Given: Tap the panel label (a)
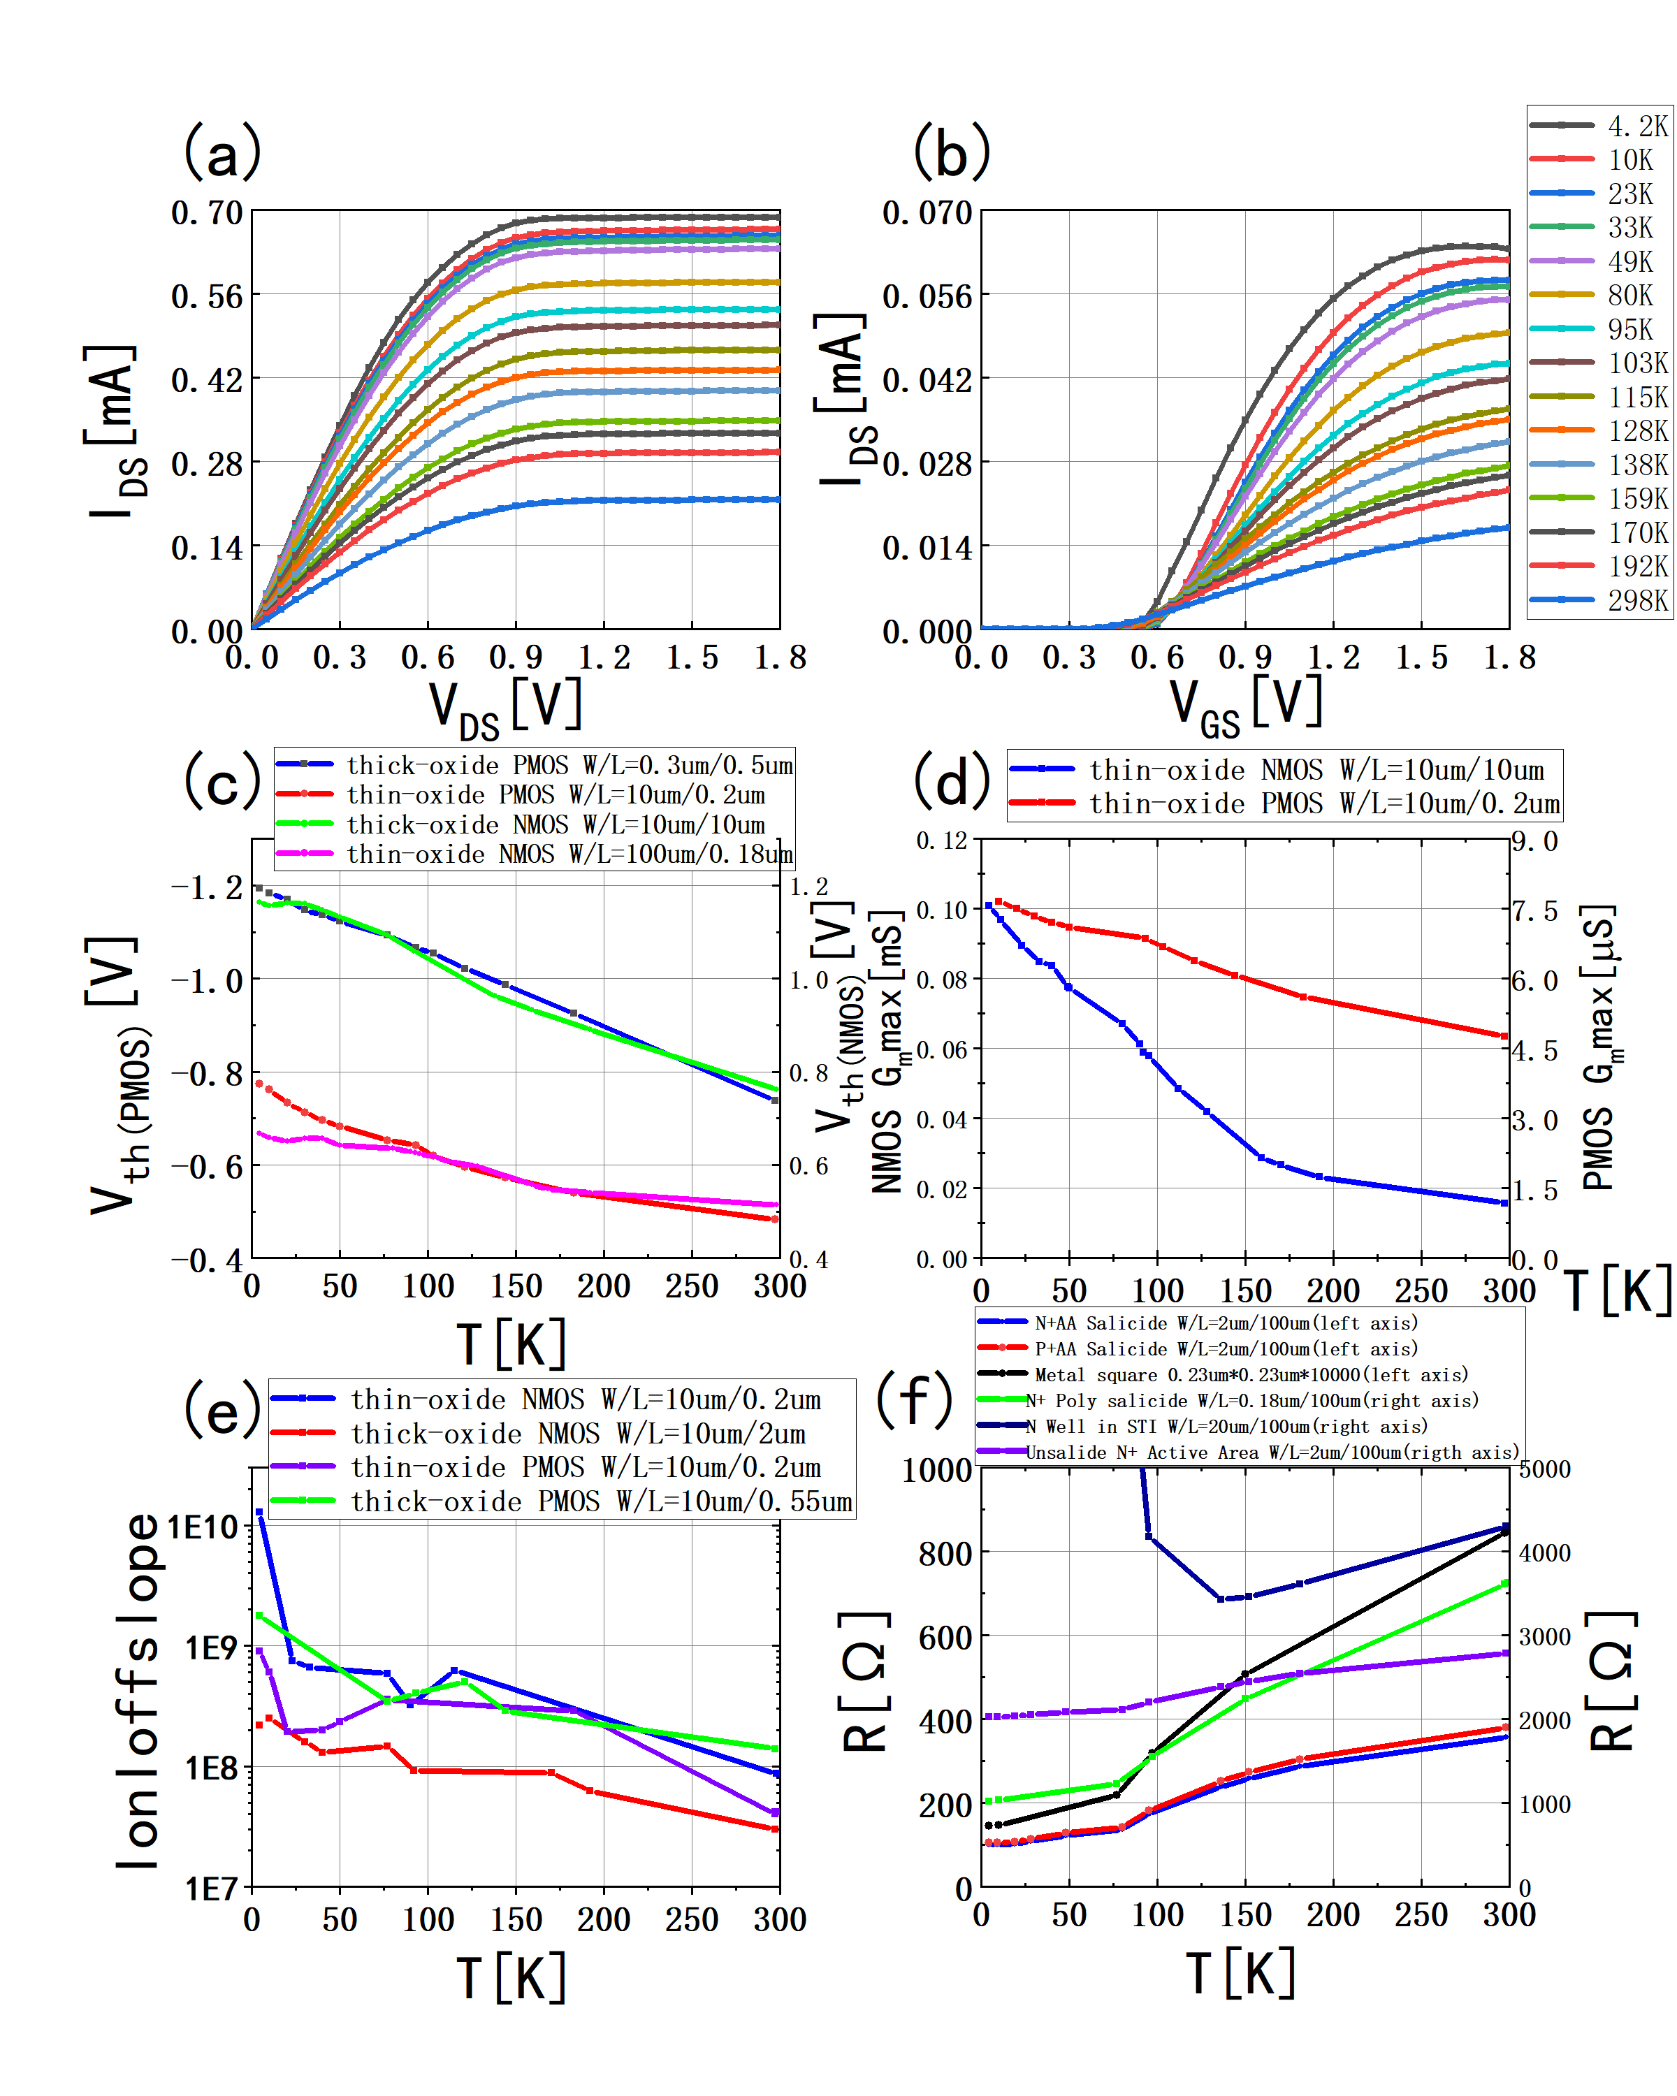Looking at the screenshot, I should (223, 152).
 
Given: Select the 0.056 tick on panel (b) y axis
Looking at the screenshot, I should (927, 296).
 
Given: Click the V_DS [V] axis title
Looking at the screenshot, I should (505, 707).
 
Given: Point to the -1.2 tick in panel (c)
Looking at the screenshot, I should (206, 887).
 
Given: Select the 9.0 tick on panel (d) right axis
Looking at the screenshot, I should (1535, 841).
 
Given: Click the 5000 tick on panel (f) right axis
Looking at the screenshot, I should (1545, 1469).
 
